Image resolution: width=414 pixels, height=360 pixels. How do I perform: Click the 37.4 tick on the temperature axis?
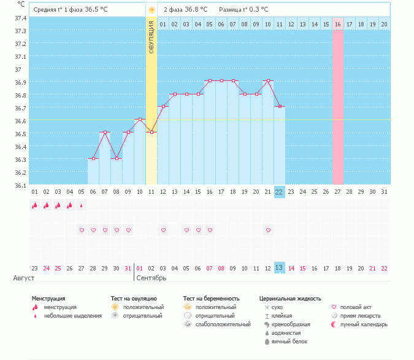(20, 18)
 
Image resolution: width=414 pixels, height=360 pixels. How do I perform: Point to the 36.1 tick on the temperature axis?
(20, 185)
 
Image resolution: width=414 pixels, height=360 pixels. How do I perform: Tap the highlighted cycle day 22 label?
(279, 192)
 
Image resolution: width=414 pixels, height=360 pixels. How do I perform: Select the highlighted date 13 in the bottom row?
(279, 268)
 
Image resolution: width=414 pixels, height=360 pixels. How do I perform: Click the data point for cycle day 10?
(140, 119)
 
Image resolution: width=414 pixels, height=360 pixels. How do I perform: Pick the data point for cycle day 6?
(93, 158)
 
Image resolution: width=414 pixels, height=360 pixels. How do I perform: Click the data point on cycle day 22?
(280, 107)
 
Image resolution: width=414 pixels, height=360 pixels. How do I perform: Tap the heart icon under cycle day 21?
(268, 230)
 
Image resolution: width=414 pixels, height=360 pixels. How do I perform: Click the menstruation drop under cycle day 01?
(35, 205)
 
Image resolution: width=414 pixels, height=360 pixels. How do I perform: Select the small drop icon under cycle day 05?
(82, 205)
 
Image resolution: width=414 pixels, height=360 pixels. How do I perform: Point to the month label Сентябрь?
(151, 278)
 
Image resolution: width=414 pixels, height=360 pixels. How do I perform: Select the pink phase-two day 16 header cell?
(338, 24)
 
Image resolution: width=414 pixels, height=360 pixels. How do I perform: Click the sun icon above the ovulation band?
(151, 10)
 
